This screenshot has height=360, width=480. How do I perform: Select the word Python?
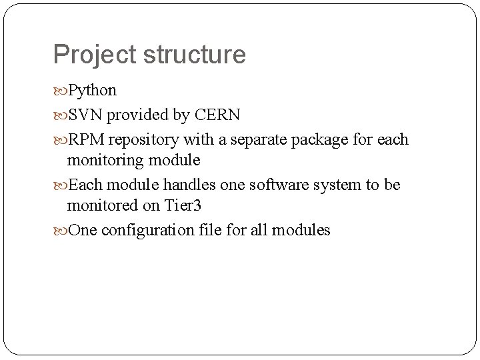click(x=93, y=90)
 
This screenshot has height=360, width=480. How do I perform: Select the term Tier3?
click(x=183, y=205)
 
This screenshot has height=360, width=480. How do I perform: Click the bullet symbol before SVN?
click(x=61, y=115)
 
